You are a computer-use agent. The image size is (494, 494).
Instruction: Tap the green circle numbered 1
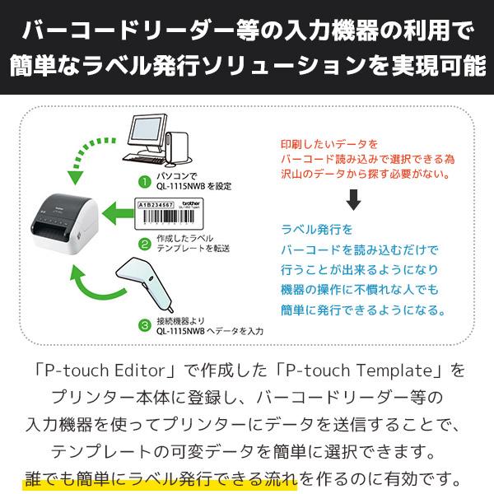[x=142, y=179]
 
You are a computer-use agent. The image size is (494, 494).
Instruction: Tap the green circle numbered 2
[x=143, y=244]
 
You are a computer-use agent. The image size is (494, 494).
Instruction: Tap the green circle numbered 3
[x=143, y=324]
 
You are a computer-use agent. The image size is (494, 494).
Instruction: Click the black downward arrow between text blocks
[x=353, y=200]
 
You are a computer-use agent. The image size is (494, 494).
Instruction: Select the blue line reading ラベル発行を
[x=317, y=229]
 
